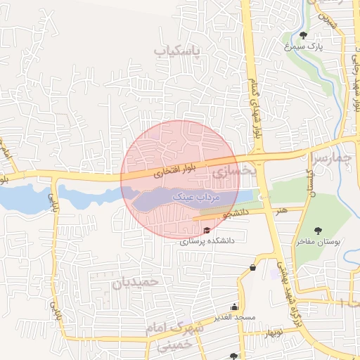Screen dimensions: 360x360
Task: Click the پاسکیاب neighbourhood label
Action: [x=177, y=51]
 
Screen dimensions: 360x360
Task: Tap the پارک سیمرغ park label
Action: [x=303, y=46]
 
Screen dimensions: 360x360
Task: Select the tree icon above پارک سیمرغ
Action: [x=303, y=35]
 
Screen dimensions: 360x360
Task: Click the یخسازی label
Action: [x=226, y=171]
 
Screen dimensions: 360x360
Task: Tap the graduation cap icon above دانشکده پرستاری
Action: [x=206, y=230]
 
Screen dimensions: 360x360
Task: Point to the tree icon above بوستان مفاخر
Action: [x=319, y=230]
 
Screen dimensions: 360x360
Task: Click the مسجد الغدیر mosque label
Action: [x=235, y=318]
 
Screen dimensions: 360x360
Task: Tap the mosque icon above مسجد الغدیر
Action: [x=234, y=307]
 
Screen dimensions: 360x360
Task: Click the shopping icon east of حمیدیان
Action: [x=252, y=266]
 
